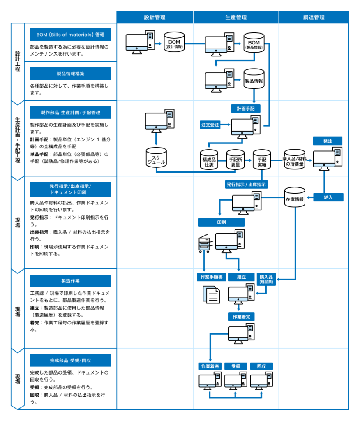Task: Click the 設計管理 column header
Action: click(x=155, y=17)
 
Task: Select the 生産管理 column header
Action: click(x=236, y=17)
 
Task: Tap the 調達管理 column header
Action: click(x=314, y=17)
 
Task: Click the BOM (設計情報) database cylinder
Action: click(x=174, y=43)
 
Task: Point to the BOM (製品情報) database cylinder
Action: click(x=254, y=43)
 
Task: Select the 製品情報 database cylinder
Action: click(x=254, y=79)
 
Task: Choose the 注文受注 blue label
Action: click(x=210, y=124)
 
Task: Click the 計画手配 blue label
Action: click(x=246, y=109)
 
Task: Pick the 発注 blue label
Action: click(x=328, y=141)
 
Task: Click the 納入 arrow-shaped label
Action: click(x=328, y=197)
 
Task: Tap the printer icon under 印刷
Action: click(x=204, y=244)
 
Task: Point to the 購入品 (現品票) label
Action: click(x=267, y=279)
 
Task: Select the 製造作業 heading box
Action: click(x=70, y=281)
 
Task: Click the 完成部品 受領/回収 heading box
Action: click(x=70, y=360)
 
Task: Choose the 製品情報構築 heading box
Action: click(x=70, y=74)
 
